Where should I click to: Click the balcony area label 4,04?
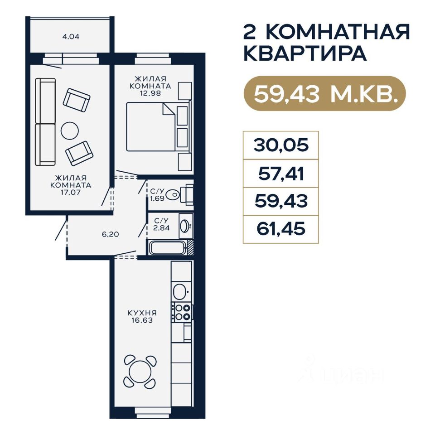point(71,36)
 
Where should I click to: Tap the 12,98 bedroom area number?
point(150,93)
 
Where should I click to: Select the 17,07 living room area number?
point(71,192)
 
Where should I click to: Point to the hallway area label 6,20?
point(111,234)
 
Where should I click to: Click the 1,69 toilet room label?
point(157,198)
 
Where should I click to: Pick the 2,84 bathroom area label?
point(161,228)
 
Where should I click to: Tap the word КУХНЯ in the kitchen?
point(142,313)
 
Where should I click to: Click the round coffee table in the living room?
point(70,130)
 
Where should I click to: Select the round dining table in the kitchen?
point(140,372)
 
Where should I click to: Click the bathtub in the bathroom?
point(167,248)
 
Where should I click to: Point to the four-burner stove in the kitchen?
point(181,312)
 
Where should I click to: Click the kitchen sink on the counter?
point(179,291)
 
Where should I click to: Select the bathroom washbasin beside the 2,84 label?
point(184,226)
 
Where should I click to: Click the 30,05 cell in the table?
point(281,145)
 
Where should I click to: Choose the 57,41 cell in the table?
point(281,174)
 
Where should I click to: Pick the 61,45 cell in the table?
point(281,229)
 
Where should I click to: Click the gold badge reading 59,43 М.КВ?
point(324,93)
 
